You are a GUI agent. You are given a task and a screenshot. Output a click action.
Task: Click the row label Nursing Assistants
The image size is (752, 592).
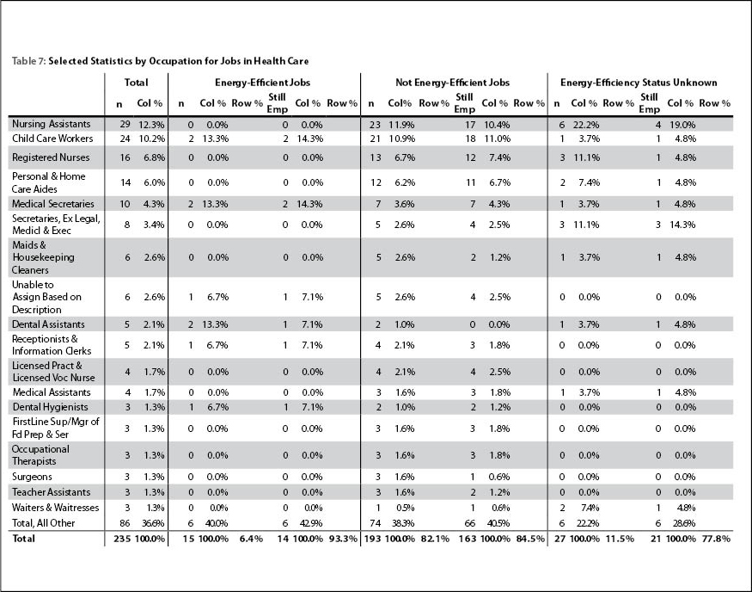point(52,124)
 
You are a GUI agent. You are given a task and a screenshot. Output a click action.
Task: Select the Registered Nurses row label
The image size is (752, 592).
point(51,157)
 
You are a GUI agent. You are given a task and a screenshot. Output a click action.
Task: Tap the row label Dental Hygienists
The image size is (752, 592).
point(51,407)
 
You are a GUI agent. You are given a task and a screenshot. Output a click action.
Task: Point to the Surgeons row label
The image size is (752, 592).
point(32,477)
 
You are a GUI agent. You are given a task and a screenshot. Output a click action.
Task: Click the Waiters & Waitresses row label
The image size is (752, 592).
point(55,508)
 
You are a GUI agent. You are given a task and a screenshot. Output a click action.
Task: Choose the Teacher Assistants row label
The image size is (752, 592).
point(52,492)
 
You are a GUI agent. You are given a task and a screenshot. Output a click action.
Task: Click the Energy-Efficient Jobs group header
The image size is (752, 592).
point(263,83)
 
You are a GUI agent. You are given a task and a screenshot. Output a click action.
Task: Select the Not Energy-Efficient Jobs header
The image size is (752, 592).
point(452,83)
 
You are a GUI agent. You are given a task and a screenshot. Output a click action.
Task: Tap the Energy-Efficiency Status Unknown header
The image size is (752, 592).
point(639,83)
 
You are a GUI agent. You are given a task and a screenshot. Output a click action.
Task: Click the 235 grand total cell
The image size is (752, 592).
point(122,539)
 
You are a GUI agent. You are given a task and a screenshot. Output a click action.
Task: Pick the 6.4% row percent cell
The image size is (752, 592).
point(251,539)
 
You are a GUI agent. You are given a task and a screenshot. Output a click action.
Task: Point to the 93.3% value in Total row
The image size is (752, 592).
point(343,539)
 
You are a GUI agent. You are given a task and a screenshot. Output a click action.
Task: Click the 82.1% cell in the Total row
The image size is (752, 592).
point(436,539)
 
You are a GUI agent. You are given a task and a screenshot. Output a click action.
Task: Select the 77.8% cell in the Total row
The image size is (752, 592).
point(716,539)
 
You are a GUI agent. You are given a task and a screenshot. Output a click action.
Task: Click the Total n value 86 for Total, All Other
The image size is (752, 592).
point(125,523)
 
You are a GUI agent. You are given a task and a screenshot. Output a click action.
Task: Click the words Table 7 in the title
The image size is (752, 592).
point(28,61)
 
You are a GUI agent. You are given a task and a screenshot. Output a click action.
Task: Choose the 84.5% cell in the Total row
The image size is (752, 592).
point(530,539)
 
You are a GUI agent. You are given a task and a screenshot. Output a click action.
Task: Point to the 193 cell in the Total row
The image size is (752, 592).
point(372,539)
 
